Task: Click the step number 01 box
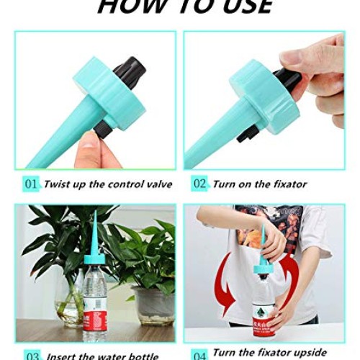(x=30, y=184)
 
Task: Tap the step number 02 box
(x=199, y=184)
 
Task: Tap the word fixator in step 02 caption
(x=287, y=184)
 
